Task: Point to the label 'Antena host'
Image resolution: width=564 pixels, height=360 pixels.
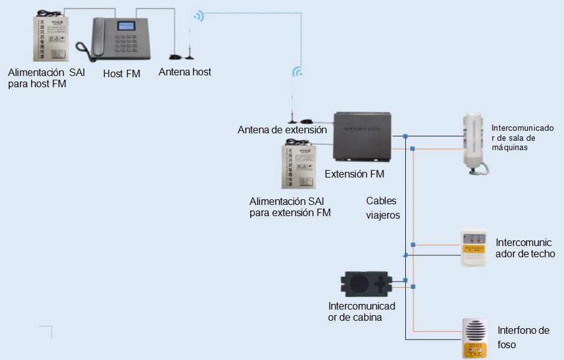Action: click(x=184, y=72)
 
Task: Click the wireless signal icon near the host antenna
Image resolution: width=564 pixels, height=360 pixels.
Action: click(x=199, y=16)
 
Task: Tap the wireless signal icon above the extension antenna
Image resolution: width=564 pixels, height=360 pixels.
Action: click(x=298, y=72)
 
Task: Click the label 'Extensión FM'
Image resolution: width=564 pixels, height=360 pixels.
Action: click(x=354, y=174)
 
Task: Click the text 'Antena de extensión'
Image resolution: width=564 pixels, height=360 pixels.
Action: click(x=282, y=130)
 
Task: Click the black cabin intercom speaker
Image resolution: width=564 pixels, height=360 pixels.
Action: click(x=365, y=285)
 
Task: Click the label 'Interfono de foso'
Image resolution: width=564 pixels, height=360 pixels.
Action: click(x=523, y=337)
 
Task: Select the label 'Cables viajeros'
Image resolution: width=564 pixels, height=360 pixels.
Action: click(x=382, y=207)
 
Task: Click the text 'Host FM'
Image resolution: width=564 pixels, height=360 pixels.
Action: click(x=121, y=73)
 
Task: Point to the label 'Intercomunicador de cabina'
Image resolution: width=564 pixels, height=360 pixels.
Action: click(x=361, y=311)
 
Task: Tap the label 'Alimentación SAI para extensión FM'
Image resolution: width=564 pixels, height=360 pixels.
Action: click(x=290, y=207)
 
